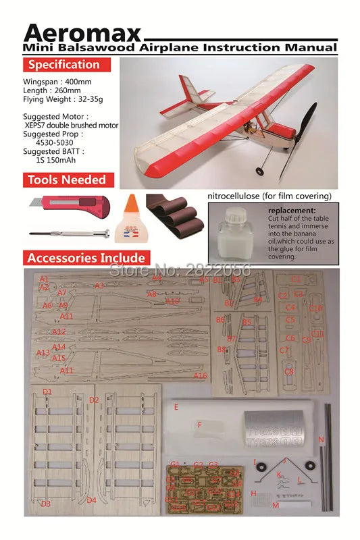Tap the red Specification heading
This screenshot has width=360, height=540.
click(x=64, y=65)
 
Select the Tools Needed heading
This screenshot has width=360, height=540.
click(x=67, y=180)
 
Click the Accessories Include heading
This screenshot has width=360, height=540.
click(x=86, y=257)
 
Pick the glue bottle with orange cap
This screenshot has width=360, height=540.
click(x=134, y=216)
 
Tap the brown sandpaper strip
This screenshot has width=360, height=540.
click(x=177, y=216)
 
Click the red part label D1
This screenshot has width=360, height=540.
click(x=47, y=391)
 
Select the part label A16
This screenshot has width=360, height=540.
click(x=200, y=376)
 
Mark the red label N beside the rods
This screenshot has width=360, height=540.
click(x=321, y=439)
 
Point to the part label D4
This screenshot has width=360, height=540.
click(x=91, y=500)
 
